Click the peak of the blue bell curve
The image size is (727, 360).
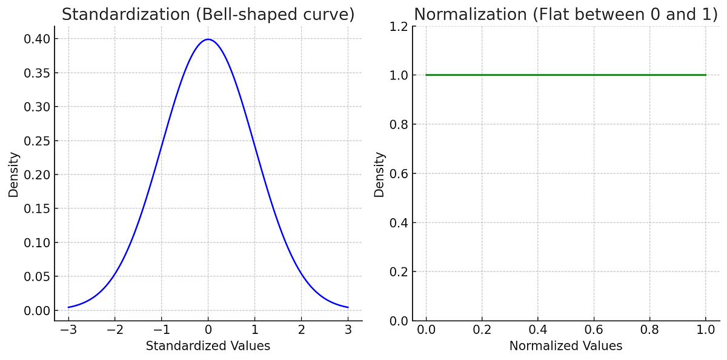(208, 39)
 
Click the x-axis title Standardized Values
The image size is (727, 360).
(208, 346)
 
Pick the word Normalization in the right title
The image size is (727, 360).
(469, 15)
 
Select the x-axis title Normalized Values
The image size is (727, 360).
(565, 346)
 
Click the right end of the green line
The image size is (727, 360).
(706, 75)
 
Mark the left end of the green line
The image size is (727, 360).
(427, 75)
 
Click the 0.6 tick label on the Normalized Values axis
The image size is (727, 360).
(594, 330)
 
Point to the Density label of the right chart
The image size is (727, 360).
(380, 174)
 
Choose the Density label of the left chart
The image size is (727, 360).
(14, 174)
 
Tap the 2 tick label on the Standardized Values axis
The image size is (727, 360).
(301, 330)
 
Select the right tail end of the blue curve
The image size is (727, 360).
(348, 307)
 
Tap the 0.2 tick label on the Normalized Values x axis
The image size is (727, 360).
(482, 330)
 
